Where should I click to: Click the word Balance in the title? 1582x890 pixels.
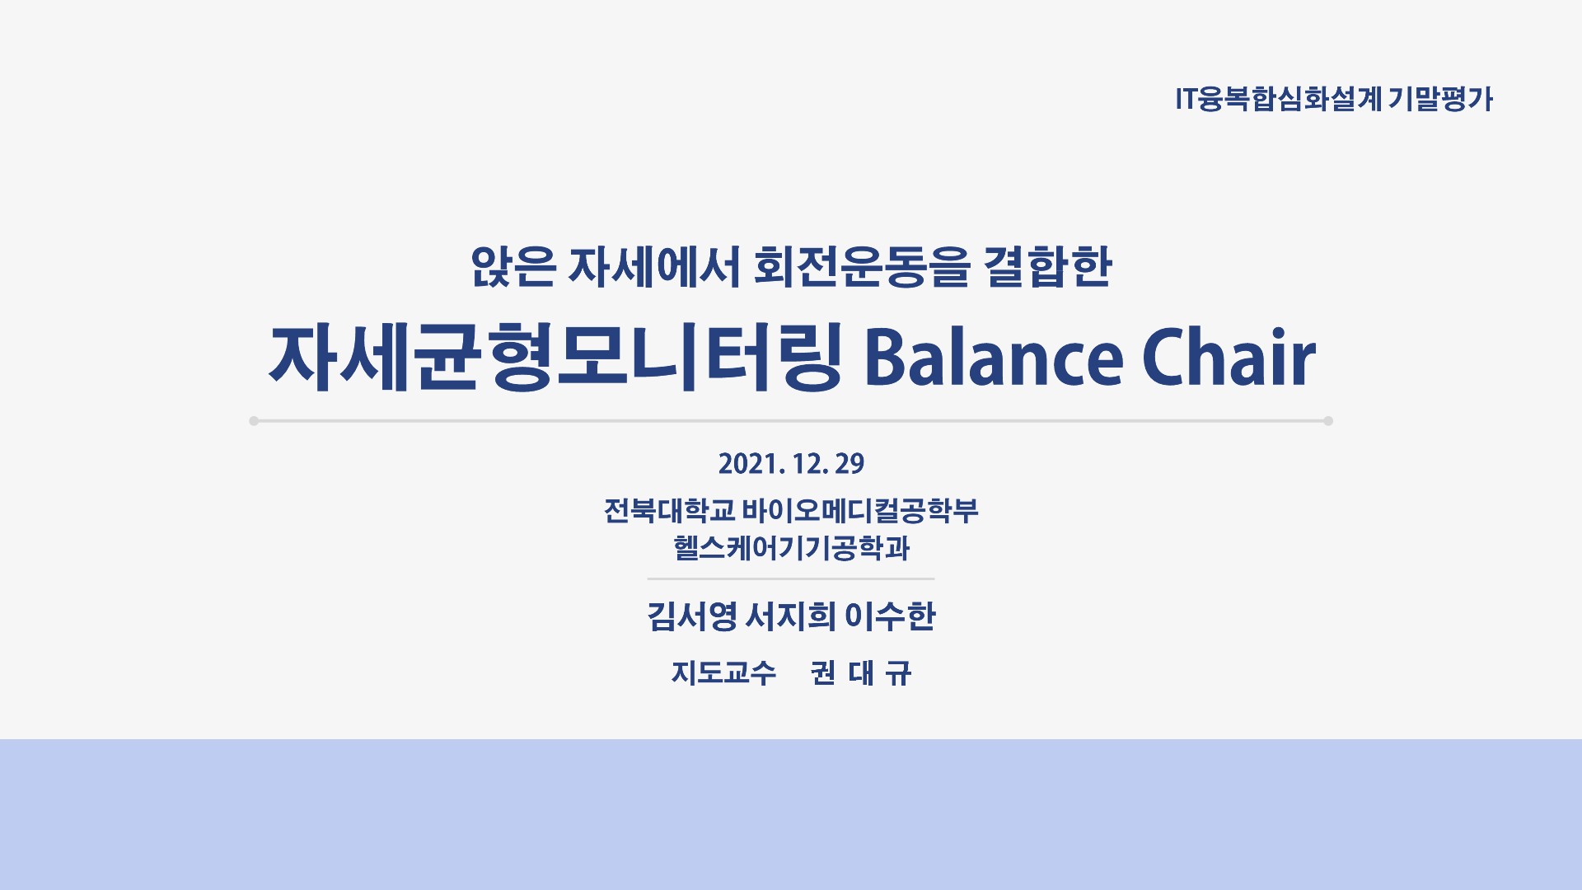[x=993, y=358]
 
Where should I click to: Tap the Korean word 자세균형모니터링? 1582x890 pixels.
[x=555, y=357]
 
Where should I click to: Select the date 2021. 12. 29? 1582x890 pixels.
[x=791, y=464]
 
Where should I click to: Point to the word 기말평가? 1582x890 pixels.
[x=1441, y=100]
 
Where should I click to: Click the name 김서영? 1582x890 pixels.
[x=691, y=616]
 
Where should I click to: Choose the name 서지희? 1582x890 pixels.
[x=790, y=616]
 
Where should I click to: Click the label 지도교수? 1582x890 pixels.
[x=723, y=673]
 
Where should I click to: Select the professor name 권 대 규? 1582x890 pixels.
[x=861, y=673]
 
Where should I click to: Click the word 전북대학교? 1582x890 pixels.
[x=669, y=511]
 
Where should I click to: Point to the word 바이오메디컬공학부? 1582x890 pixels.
[x=860, y=511]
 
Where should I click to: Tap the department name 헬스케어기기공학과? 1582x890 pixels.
[x=791, y=548]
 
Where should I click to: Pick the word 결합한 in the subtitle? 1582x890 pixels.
[x=1048, y=267]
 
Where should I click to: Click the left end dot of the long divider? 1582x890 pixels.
[x=254, y=421]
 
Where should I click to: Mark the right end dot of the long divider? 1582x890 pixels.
[x=1328, y=421]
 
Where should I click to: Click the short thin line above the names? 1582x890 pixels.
[x=791, y=579]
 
